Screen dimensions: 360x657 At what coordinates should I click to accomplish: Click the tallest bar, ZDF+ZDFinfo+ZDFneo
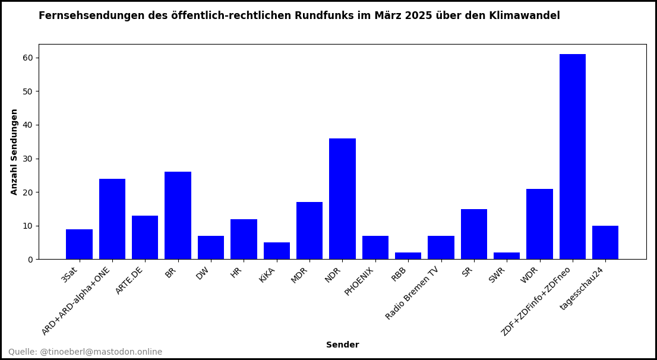572,157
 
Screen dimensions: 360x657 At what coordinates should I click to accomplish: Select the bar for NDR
342,199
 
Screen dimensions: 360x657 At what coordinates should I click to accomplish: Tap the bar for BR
178,216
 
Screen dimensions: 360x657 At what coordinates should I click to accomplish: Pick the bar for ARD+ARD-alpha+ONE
112,219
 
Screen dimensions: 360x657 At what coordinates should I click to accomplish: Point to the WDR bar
539,224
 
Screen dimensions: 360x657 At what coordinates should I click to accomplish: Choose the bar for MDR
309,230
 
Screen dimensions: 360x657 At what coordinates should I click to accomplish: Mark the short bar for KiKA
277,251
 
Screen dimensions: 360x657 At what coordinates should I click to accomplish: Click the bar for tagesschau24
605,242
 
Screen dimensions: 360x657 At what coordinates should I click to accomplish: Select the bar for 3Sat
79,244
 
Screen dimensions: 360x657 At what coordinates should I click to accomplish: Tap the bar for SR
474,234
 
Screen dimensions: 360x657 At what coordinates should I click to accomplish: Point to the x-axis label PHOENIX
359,281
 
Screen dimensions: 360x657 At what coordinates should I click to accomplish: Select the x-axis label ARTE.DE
129,280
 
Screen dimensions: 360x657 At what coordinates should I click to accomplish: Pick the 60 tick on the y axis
28,58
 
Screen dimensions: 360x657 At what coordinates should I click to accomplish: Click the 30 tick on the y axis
28,159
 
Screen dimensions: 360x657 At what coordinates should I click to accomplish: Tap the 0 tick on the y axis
30,260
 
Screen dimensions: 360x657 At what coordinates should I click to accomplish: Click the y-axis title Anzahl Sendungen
15,151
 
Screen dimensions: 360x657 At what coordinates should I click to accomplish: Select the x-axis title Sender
342,345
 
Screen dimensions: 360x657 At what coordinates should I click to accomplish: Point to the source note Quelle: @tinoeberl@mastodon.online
85,352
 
